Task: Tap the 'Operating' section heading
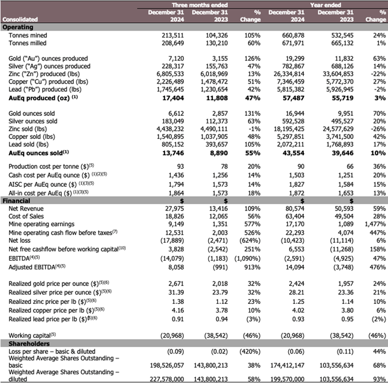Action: (x=18, y=27)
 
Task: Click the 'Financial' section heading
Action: (x=17, y=201)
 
